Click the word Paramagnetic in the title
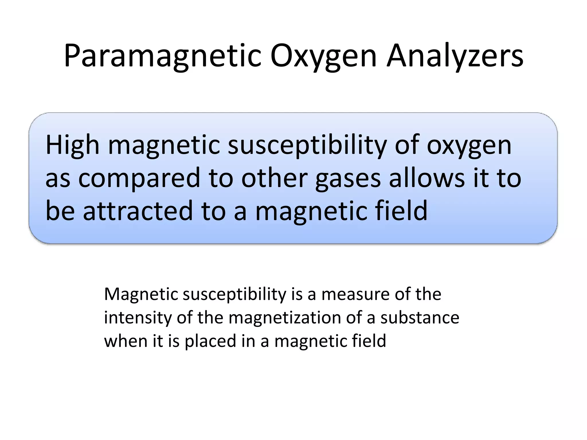(x=162, y=56)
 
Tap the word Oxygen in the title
(x=323, y=56)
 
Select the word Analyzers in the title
(x=455, y=56)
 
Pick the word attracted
(x=138, y=211)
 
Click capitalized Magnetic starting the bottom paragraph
(x=140, y=294)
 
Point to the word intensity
(x=137, y=317)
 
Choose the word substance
(x=420, y=317)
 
